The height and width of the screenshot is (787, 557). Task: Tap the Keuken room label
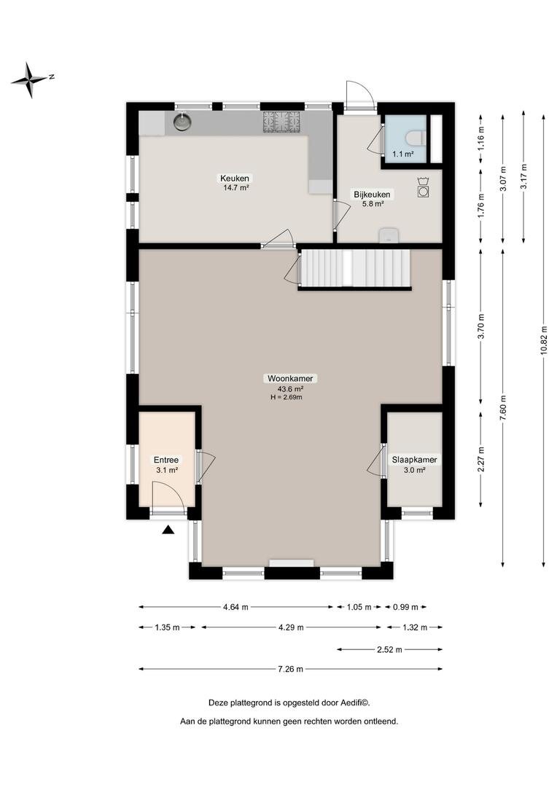(x=235, y=179)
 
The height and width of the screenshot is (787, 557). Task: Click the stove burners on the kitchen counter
(x=281, y=122)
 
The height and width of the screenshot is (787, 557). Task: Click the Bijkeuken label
(x=372, y=195)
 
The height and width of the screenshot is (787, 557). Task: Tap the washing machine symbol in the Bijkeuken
(x=423, y=188)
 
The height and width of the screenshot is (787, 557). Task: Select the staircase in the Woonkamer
(x=354, y=268)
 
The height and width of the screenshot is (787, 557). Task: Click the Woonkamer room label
(x=290, y=378)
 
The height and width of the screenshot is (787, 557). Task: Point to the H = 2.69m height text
(x=287, y=398)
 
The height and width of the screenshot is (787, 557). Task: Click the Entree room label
(x=166, y=460)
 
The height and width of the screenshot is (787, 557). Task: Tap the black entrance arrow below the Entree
(x=168, y=529)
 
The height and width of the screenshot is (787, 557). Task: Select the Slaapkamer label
(x=414, y=460)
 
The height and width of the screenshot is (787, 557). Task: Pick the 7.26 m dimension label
(x=291, y=669)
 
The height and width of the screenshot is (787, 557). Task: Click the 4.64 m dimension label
(x=236, y=607)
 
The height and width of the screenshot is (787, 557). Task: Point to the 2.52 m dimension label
(x=390, y=649)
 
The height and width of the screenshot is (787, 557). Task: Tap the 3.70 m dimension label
(x=481, y=326)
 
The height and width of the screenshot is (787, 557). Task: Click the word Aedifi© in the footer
(x=355, y=702)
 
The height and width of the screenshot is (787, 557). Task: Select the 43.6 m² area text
(x=290, y=388)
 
